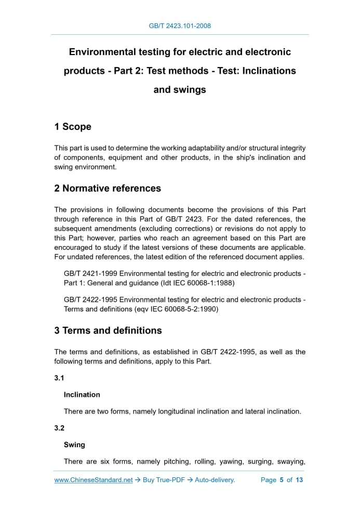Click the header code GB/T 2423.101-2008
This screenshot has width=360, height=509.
(x=180, y=25)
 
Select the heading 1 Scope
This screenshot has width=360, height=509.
(x=73, y=127)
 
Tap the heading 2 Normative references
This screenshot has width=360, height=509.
(x=108, y=188)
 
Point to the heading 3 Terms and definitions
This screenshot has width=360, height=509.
(x=108, y=330)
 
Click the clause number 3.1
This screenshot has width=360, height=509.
(x=59, y=379)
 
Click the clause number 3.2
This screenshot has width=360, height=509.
(x=59, y=429)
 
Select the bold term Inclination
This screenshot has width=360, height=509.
(x=82, y=395)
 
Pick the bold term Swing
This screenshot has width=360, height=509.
(x=74, y=445)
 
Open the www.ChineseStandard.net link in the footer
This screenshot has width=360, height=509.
(x=94, y=480)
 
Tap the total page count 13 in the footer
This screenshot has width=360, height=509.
(x=299, y=480)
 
